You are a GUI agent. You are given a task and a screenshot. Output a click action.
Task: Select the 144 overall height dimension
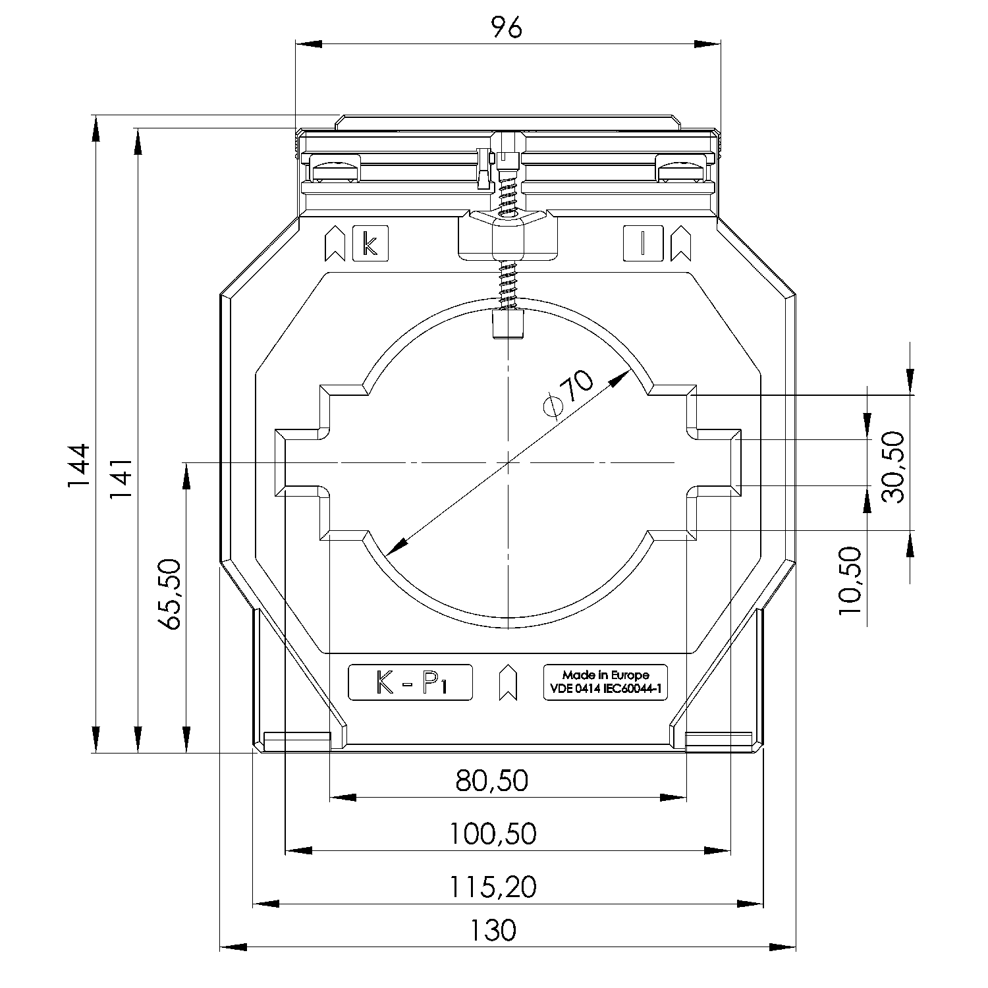pos(78,466)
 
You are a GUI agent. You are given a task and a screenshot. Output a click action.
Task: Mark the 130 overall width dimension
pos(493,931)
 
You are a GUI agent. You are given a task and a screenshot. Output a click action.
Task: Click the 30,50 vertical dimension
pos(893,467)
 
